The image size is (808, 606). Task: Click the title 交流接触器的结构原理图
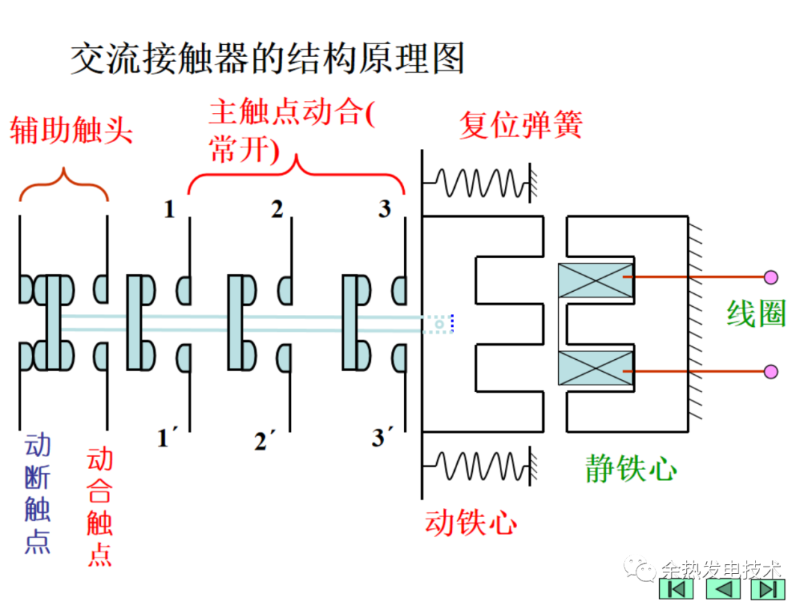(268, 58)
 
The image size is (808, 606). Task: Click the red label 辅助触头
(71, 130)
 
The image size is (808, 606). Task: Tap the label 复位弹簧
(521, 124)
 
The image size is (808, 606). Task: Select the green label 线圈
(756, 314)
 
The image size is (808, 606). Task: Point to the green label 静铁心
(631, 469)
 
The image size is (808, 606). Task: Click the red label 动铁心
(471, 521)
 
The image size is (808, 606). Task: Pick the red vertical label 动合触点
(100, 506)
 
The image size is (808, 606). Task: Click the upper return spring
(479, 182)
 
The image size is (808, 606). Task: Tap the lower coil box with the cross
(596, 367)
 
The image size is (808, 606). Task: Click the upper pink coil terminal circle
(771, 278)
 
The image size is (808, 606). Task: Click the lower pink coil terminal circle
(771, 371)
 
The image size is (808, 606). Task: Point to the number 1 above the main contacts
(170, 209)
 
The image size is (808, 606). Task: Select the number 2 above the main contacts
(278, 209)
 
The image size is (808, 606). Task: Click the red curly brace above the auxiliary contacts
(64, 184)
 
